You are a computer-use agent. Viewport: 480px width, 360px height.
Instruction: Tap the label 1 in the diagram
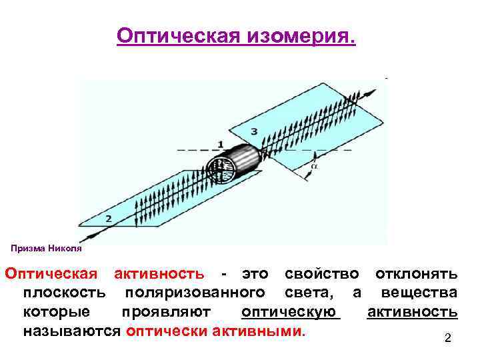pos(220,145)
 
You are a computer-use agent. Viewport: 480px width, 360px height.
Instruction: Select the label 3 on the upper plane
pos(253,131)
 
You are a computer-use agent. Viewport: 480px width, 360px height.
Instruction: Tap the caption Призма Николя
pos(46,248)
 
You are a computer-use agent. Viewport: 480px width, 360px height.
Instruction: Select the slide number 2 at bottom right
pos(448,339)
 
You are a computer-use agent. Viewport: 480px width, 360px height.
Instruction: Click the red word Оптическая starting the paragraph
pos(51,273)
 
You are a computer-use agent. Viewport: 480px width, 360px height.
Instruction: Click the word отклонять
pos(416,273)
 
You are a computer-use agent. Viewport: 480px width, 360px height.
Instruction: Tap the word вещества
pos(419,293)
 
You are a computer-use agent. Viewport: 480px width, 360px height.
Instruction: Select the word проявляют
pos(167,312)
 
